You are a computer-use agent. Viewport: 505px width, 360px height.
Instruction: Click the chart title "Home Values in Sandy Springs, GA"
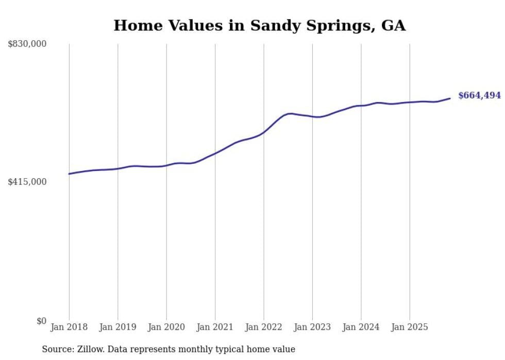click(259, 25)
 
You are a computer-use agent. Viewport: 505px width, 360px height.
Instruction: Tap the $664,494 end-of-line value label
click(479, 95)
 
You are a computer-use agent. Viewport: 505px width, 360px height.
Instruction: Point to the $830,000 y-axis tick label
click(27, 44)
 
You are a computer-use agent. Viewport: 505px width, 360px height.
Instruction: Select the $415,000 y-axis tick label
click(27, 182)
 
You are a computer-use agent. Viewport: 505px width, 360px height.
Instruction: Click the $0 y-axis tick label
click(41, 321)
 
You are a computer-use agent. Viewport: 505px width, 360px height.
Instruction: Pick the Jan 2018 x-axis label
click(69, 327)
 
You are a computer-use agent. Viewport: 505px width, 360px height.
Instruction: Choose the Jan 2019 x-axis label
click(117, 327)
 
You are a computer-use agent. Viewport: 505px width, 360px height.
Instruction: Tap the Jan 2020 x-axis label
click(166, 327)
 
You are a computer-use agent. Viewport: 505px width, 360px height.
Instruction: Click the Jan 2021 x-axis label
click(215, 327)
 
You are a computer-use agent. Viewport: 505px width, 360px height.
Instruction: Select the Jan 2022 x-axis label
click(264, 327)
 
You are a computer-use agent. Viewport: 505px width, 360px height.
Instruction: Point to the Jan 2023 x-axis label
click(312, 327)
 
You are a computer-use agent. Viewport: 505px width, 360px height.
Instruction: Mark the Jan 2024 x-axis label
click(361, 327)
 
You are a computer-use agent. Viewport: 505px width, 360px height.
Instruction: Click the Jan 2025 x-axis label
click(410, 327)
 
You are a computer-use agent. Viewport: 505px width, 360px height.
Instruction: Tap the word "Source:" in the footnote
click(57, 349)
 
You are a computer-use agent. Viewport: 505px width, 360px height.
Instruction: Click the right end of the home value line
click(450, 98)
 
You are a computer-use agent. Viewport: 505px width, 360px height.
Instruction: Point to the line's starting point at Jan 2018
click(69, 174)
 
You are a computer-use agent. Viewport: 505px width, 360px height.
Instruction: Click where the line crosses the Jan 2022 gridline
click(264, 132)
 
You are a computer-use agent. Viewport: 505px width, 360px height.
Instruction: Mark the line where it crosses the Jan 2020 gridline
click(166, 165)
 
